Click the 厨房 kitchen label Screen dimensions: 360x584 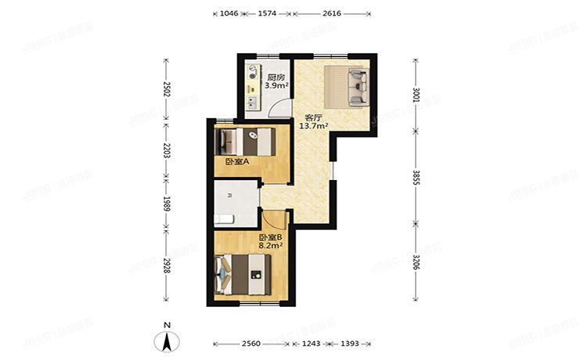[274, 77]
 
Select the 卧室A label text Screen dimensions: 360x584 [236, 162]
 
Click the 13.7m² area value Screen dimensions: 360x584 [313, 125]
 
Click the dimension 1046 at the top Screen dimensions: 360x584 [229, 13]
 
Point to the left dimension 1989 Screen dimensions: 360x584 [166, 207]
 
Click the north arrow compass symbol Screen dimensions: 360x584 [166, 340]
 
